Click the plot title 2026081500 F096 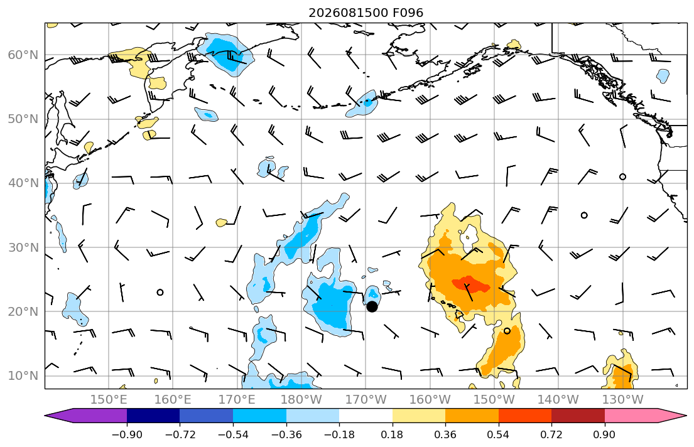pos(366,13)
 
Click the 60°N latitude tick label pos(23,55)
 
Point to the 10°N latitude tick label pos(23,376)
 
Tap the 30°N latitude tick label pos(23,247)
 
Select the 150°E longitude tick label pos(109,400)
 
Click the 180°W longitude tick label pos(301,400)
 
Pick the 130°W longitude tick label pos(623,400)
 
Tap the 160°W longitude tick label pos(430,400)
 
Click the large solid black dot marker pos(372,306)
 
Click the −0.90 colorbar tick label pos(127,434)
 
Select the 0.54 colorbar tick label pos(499,434)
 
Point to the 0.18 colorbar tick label pos(392,434)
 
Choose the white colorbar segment pos(366,416)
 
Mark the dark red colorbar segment pos(578,416)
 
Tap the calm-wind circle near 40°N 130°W pos(623,176)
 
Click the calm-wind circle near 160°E pos(160,292)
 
